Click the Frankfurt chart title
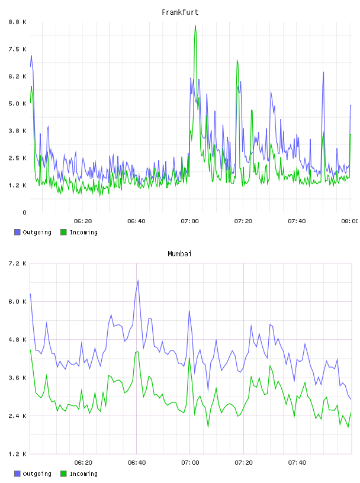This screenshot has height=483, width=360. (x=180, y=12)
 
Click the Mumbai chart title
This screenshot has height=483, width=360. (x=179, y=254)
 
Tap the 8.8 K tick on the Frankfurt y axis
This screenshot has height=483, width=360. (x=18, y=22)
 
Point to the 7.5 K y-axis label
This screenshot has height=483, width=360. (x=18, y=49)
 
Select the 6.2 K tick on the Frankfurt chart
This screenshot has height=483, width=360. (x=18, y=76)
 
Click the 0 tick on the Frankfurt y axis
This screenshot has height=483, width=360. (x=24, y=212)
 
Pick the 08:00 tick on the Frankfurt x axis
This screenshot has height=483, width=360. (x=350, y=221)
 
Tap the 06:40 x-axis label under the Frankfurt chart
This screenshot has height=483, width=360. (x=136, y=221)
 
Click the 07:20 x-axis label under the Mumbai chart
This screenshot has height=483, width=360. (x=243, y=463)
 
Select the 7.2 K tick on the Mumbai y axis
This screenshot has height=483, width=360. (x=18, y=263)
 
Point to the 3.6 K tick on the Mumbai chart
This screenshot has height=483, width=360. (x=18, y=378)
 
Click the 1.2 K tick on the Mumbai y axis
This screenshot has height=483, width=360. (x=18, y=454)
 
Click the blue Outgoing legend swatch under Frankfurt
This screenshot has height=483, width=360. (x=17, y=232)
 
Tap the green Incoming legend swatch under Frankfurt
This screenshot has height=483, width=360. (x=63, y=232)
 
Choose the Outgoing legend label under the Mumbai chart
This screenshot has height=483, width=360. (x=37, y=474)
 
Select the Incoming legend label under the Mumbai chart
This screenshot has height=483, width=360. (x=83, y=474)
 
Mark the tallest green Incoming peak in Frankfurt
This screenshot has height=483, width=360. (x=195, y=26)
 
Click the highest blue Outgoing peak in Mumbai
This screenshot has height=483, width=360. (x=138, y=281)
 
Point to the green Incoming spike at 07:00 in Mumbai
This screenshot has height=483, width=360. (x=189, y=358)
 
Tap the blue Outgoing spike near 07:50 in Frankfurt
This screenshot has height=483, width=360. (x=323, y=72)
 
